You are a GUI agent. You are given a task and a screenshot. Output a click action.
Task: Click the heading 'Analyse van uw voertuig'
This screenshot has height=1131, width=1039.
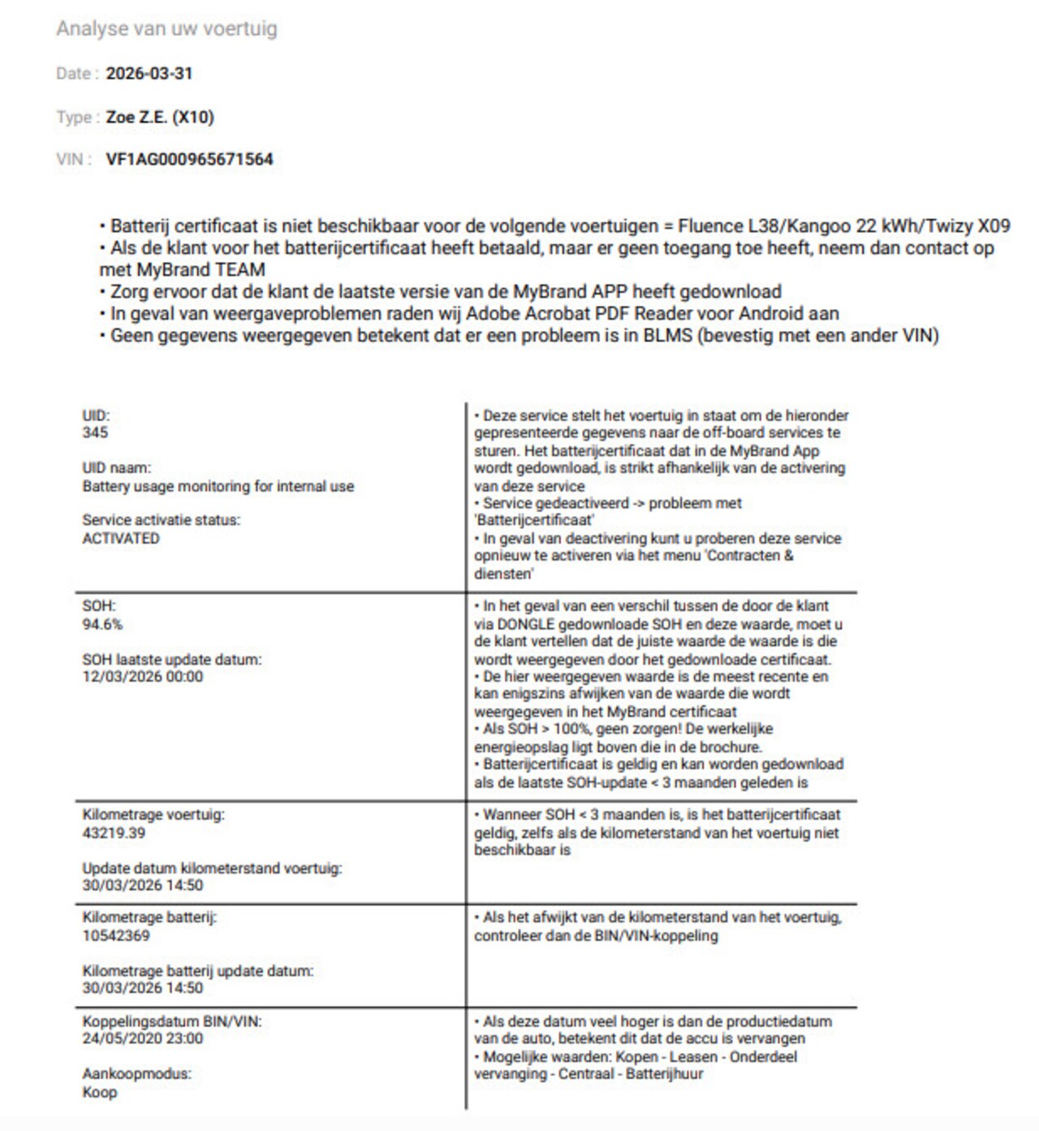point(166,28)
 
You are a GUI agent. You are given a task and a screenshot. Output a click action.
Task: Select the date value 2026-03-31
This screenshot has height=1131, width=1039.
point(149,73)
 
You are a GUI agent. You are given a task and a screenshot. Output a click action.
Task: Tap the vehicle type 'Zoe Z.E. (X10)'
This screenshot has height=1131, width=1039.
point(160,117)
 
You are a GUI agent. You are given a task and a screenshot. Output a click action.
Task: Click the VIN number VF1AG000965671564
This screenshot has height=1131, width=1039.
point(189,159)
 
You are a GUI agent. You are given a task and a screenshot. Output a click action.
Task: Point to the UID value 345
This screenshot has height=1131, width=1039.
point(95,432)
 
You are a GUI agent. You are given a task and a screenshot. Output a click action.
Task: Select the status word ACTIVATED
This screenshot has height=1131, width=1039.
point(121,538)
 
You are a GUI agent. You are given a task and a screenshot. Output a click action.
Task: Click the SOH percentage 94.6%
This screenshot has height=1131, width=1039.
point(102,624)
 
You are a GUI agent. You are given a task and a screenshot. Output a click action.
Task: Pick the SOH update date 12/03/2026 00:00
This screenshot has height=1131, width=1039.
point(143,677)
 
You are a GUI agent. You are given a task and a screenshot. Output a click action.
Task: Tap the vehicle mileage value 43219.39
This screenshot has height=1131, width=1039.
point(114,832)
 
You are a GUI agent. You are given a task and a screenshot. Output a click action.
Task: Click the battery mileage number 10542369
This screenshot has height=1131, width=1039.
point(116,935)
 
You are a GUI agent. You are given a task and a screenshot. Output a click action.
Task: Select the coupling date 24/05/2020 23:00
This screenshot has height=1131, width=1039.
point(143,1038)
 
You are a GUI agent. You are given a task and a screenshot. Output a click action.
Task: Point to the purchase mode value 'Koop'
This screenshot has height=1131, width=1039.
point(100,1092)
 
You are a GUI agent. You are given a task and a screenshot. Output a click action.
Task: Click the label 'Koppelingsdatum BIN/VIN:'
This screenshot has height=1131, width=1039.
point(172,1021)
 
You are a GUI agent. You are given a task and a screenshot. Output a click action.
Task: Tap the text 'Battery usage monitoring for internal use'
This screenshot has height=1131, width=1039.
point(218,486)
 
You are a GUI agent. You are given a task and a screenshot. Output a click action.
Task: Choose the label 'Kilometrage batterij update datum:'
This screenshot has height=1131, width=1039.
point(198,970)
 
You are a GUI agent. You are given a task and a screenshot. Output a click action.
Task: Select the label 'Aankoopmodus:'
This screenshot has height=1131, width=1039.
point(136,1073)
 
